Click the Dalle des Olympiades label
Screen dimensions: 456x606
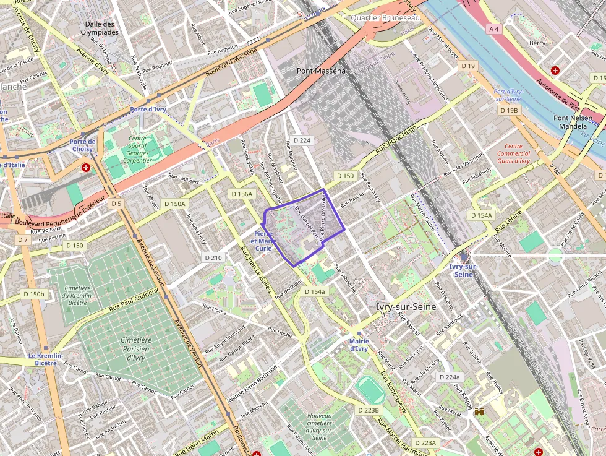pos(101,28)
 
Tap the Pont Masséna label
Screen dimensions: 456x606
pos(321,71)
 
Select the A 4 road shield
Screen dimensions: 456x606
pos(493,28)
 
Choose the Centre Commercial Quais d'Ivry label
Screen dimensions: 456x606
pos(513,153)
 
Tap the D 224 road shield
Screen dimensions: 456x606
pos(302,140)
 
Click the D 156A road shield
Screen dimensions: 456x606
pos(242,194)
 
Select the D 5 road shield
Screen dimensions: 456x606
pos(116,203)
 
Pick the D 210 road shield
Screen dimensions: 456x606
pos(212,257)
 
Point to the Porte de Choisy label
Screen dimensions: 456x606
pos(82,145)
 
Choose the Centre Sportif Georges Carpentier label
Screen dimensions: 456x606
pos(137,149)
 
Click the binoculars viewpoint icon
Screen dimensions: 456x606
pos(479,411)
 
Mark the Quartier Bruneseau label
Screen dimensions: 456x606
pos(385,18)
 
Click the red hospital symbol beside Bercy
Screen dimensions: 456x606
pos(555,71)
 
